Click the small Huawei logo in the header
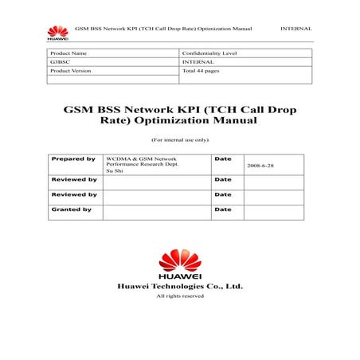tap(57, 32)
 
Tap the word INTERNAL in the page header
tap(296, 28)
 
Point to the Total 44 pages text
tap(201, 71)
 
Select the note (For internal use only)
tap(179, 139)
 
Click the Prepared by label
tap(73, 159)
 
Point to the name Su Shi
tap(114, 171)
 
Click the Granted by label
tap(72, 209)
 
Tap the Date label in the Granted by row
tap(222, 209)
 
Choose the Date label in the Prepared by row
tap(222, 159)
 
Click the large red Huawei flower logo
tap(180, 260)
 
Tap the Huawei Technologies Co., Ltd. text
tap(180, 285)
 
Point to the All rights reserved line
tap(180, 295)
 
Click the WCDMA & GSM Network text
tap(141, 159)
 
